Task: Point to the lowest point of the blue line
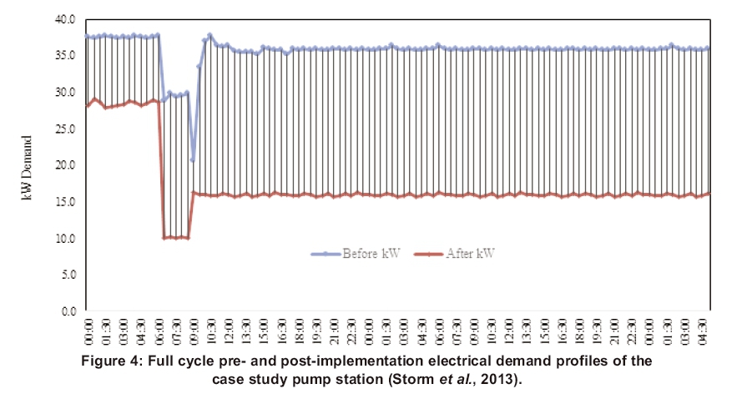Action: tap(193, 159)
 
